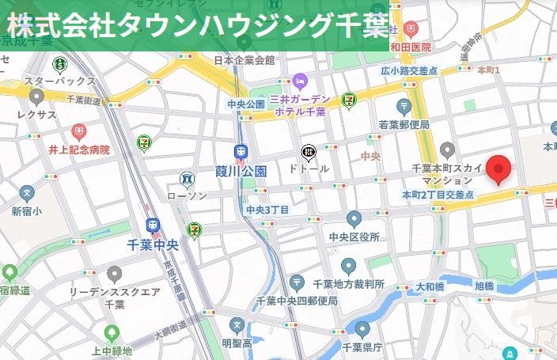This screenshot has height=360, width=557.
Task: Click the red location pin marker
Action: point(498,169)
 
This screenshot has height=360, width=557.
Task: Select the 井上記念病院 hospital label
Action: point(78,149)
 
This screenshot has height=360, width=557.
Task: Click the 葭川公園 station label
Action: point(241,170)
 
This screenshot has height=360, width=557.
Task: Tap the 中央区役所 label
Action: point(354,237)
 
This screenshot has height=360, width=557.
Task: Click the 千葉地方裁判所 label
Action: point(348,284)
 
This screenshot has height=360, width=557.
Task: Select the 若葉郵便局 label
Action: point(404,124)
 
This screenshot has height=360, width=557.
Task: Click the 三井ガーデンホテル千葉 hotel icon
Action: point(300,81)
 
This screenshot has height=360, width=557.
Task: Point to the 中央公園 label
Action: point(245,104)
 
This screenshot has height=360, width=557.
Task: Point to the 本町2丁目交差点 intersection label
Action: point(438,194)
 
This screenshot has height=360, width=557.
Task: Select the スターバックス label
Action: point(59,81)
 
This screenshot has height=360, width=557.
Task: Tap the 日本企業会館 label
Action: point(244,59)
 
